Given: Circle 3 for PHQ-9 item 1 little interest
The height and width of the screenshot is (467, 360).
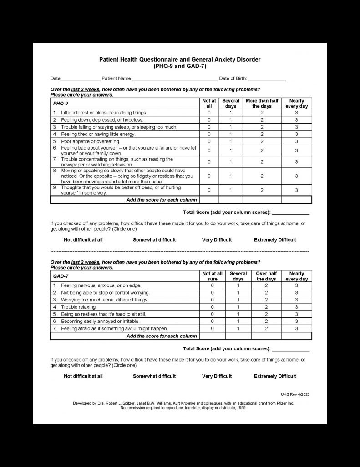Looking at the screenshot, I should (x=296, y=112).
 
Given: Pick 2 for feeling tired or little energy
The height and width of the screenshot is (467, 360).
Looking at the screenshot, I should (x=262, y=134).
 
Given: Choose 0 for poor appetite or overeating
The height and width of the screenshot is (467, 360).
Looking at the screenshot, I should (x=209, y=141).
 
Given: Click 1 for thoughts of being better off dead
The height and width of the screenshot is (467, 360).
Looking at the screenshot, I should (x=231, y=190).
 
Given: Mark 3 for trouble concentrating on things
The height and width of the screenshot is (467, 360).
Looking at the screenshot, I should (x=296, y=162).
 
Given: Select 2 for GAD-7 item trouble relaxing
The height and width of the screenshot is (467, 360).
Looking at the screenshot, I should (x=266, y=307).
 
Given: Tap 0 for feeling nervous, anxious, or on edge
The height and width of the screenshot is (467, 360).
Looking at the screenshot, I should (x=212, y=285).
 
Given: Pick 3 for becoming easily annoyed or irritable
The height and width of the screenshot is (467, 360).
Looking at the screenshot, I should (x=296, y=321).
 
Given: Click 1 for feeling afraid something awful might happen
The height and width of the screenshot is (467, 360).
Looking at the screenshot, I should (x=238, y=328).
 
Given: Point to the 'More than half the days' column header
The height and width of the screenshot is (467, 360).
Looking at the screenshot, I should (x=262, y=104).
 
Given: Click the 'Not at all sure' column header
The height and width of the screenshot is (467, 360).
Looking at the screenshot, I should (x=212, y=276).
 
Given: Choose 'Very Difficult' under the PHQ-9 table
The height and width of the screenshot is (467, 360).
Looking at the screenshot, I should (x=217, y=240).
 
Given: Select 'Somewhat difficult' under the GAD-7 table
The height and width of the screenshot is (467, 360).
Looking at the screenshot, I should (x=154, y=376).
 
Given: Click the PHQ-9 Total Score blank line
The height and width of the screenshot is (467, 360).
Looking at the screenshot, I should (x=290, y=213).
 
